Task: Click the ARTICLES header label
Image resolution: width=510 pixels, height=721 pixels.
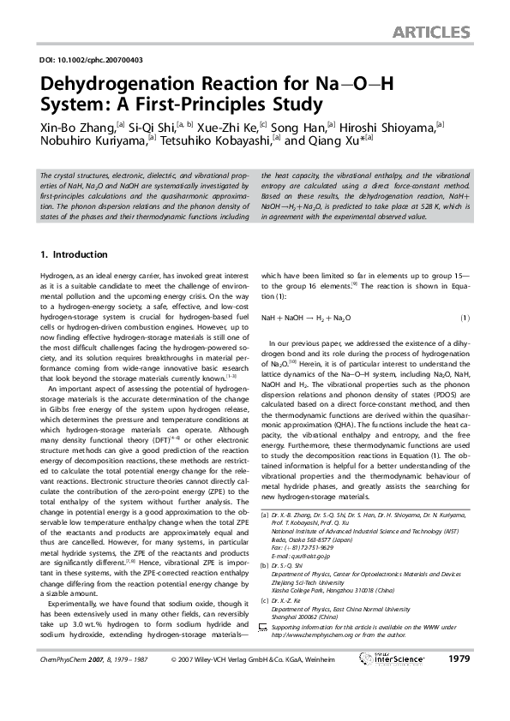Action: pos(431,33)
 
